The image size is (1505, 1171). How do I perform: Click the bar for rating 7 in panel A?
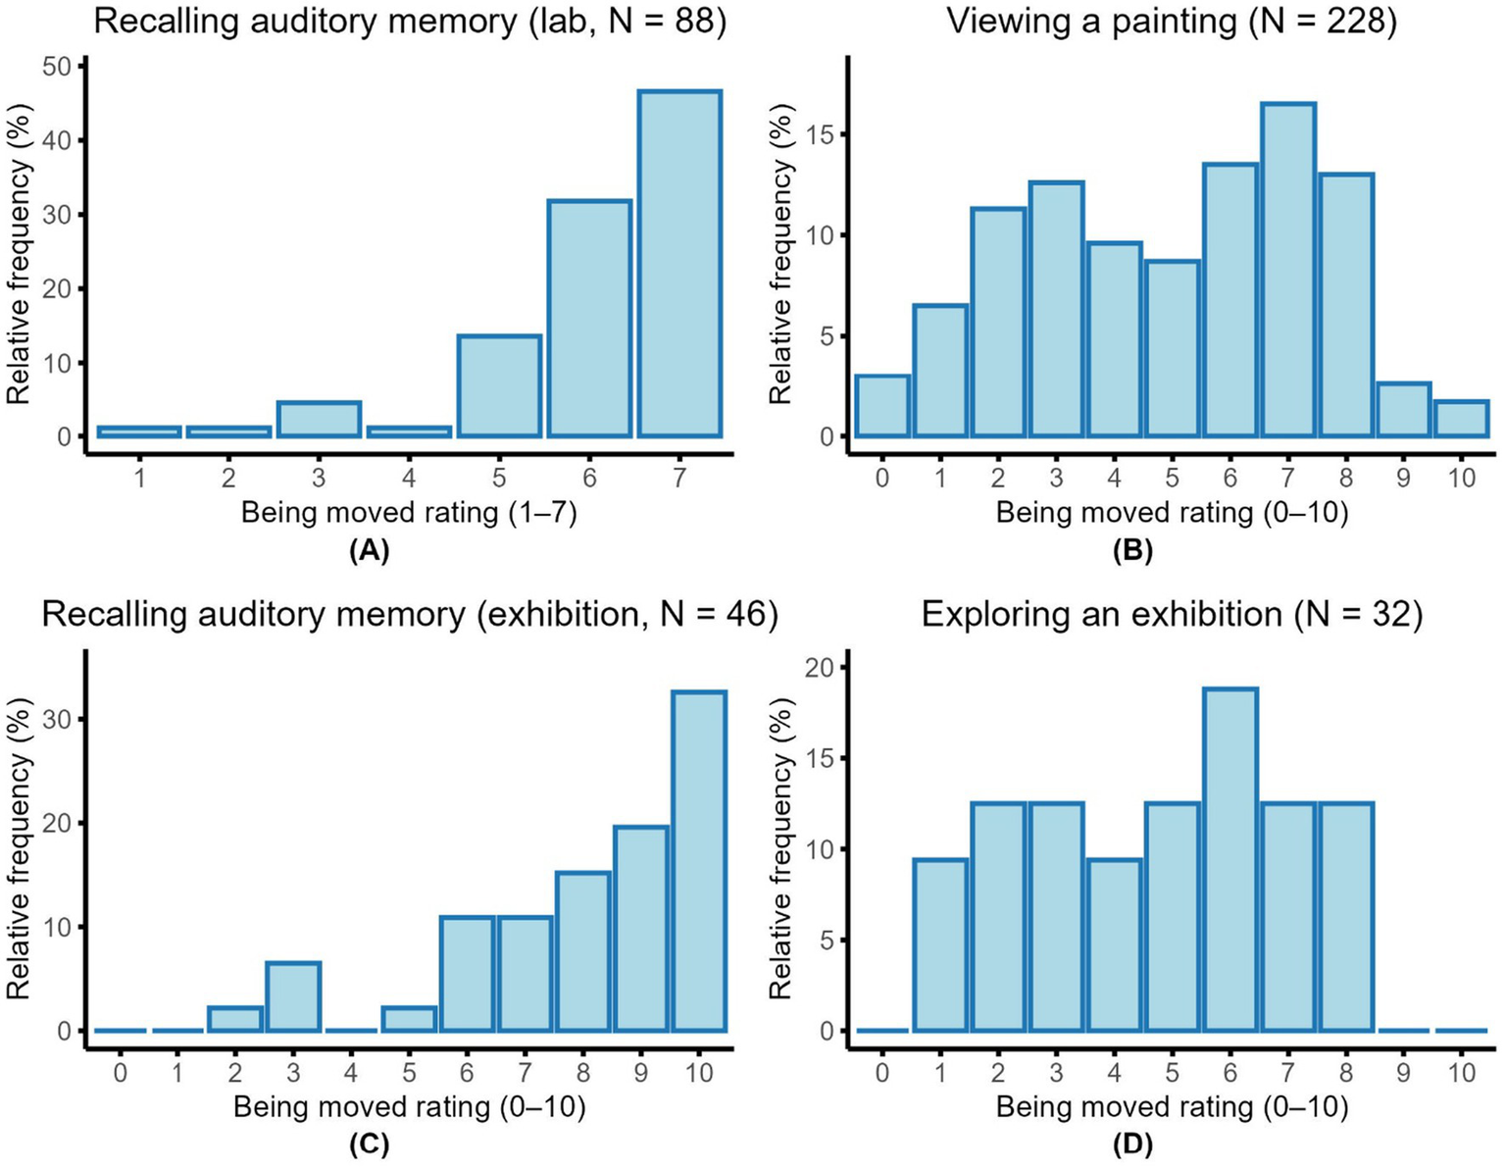679,264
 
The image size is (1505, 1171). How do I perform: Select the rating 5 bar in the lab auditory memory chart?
499,386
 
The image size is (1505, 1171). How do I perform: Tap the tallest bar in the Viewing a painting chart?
1287,270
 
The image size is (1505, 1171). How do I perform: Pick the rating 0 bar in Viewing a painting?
881,406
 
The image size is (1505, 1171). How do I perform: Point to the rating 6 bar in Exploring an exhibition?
1229,860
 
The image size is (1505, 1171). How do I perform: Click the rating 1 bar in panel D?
940,945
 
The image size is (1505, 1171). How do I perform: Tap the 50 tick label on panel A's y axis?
56,67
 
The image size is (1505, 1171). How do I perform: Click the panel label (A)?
370,551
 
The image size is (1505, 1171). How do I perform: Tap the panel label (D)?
1132,1145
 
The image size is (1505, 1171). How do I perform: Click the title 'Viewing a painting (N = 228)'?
1171,22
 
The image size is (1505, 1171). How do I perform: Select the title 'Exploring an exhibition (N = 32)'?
1171,615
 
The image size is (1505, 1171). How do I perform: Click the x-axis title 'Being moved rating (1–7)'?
409,513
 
